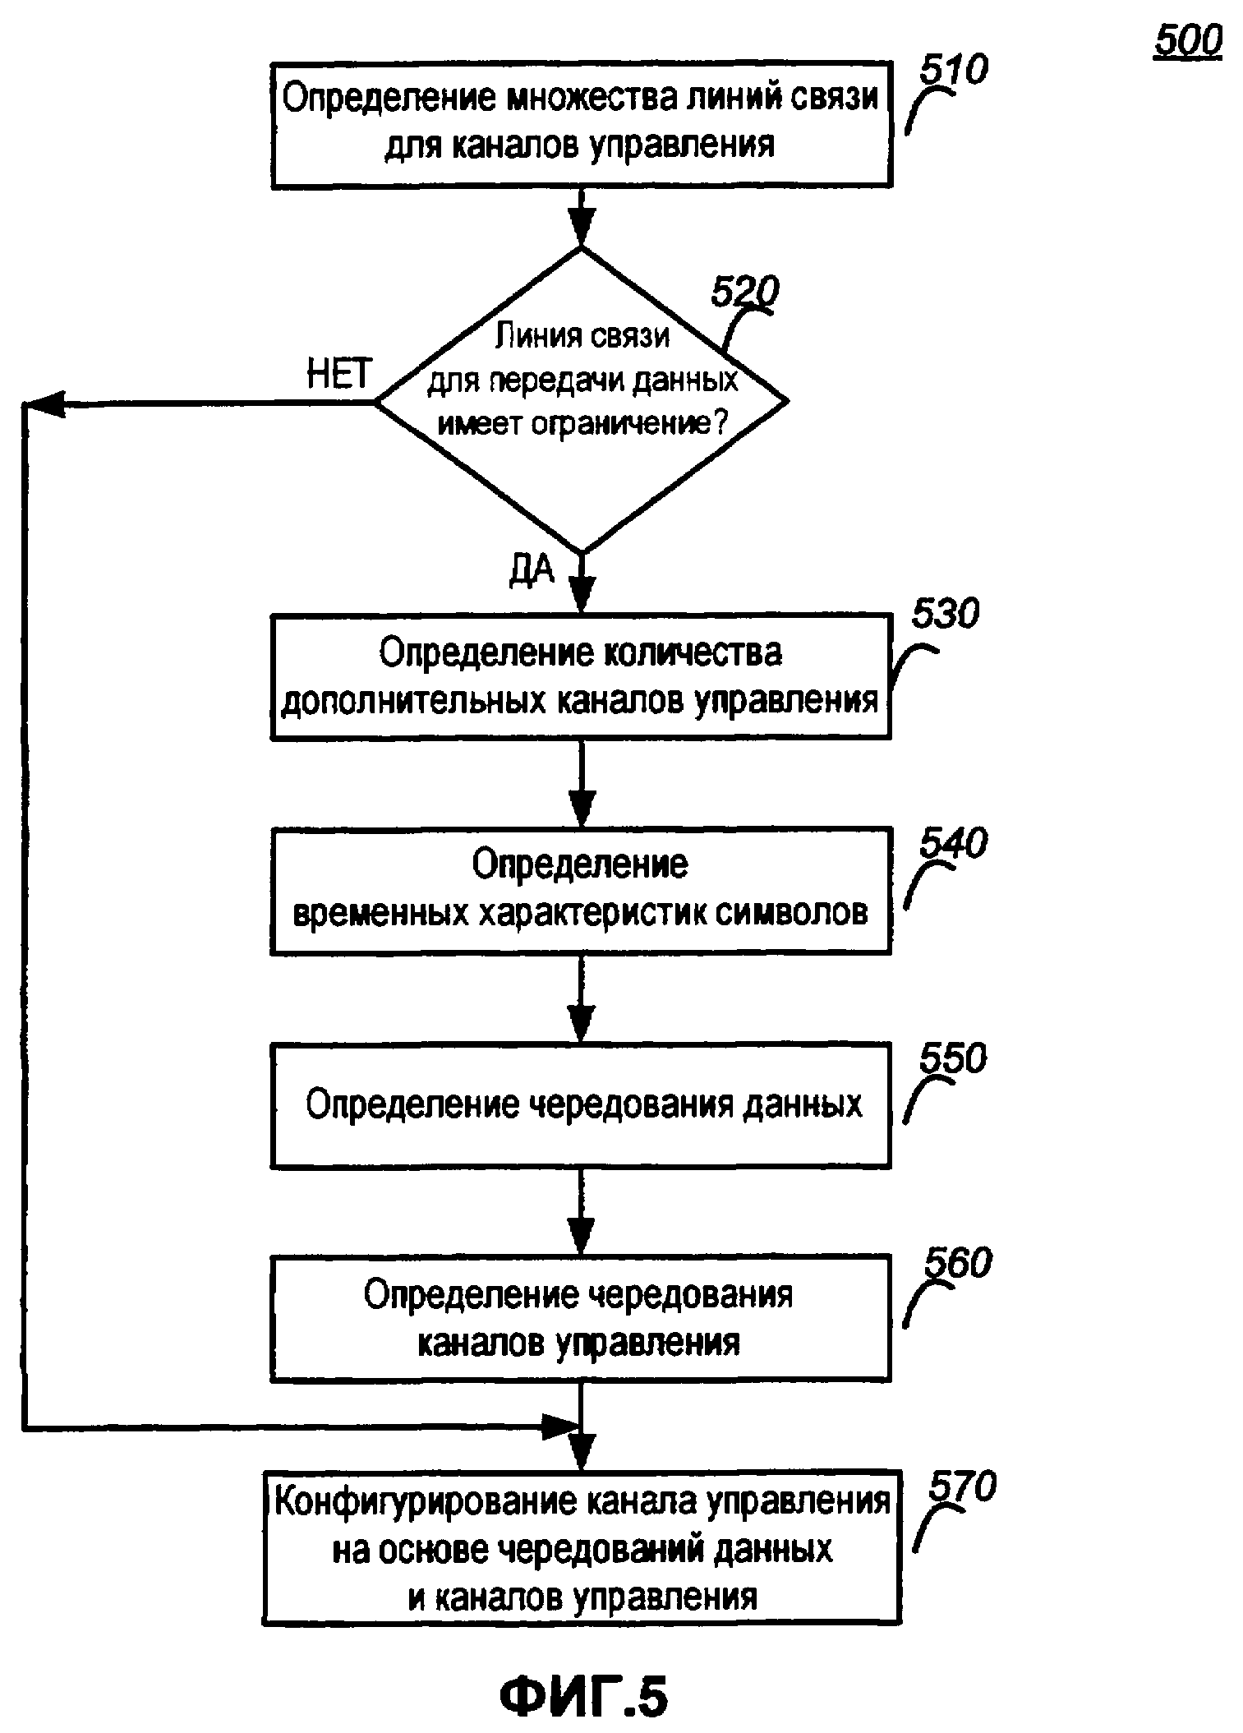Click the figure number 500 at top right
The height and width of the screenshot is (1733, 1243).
[x=1187, y=40]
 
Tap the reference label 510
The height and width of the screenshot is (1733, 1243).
[x=953, y=71]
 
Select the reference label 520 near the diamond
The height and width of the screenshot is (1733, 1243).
[x=744, y=292]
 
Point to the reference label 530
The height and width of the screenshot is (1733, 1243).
[x=945, y=615]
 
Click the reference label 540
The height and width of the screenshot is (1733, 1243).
[x=953, y=844]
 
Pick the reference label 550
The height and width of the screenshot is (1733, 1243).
[x=953, y=1059]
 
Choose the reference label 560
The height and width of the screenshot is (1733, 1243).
[x=958, y=1263]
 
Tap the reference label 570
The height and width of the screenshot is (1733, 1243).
[x=962, y=1486]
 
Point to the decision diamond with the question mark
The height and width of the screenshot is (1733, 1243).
[x=582, y=401]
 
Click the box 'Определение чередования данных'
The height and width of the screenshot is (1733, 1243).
[x=581, y=1105]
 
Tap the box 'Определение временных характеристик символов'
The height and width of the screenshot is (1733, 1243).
[x=581, y=890]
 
